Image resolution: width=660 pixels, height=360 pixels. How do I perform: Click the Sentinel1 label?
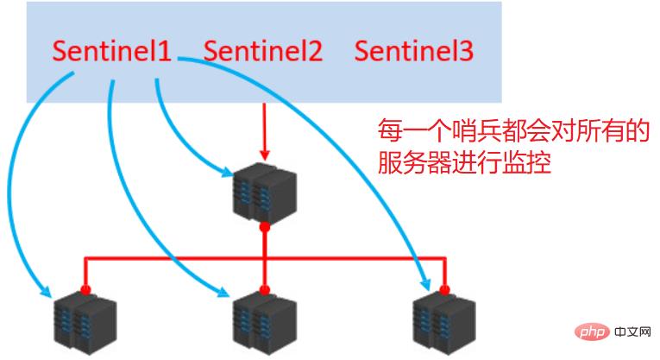coord(112,51)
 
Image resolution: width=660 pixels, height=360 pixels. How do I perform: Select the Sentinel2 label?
coord(263,51)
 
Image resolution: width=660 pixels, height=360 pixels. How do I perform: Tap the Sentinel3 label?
coord(414,51)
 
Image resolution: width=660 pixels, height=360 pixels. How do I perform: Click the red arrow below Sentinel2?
coord(264,129)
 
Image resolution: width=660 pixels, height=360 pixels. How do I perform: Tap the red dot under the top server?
coord(264,227)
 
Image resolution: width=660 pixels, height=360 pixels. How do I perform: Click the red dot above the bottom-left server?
coord(85,289)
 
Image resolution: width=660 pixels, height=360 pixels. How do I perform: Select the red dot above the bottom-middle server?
coord(264,289)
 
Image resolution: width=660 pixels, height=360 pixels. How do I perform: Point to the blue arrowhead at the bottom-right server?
coord(425,282)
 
